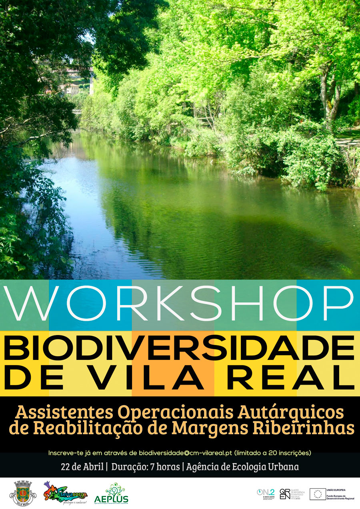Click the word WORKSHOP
tap(180, 305)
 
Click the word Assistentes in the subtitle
tap(63, 412)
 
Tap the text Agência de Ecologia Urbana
tap(242, 467)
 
